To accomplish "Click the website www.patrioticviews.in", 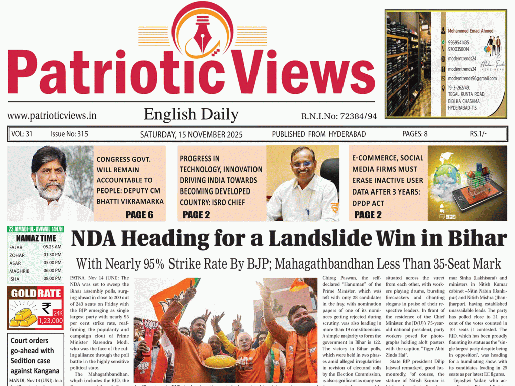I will coord(52,116).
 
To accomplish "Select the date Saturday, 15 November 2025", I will coord(191,134).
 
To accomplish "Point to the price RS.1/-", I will coord(478,134).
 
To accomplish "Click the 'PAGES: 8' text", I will coord(415,134).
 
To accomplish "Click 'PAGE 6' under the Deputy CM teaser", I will coord(139,215).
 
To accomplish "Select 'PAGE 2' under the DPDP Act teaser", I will coord(368,215).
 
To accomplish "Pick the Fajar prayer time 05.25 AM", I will coord(52,247).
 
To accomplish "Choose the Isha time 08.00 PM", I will coord(52,279).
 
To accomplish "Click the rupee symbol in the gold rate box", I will coord(47,308).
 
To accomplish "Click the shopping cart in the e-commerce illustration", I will coord(478,178).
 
